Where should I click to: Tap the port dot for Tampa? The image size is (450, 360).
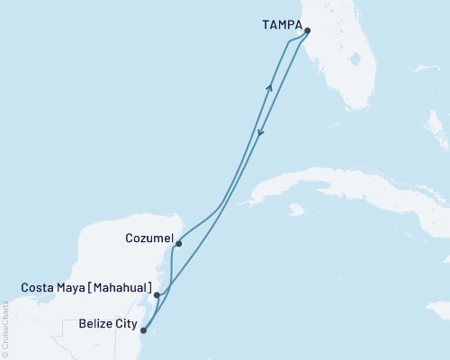click(308, 31)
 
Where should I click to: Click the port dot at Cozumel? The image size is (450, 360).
click(179, 243)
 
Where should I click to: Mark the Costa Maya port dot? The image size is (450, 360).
click(157, 294)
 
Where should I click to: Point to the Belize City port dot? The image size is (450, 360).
click(143, 330)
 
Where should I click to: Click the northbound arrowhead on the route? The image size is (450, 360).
click(269, 86)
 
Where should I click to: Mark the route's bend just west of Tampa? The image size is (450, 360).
click(288, 41)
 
